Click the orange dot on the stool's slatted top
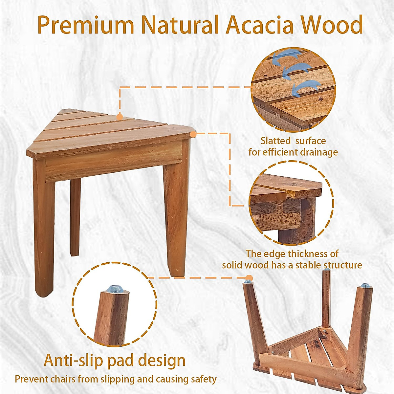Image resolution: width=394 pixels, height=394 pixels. click(120, 116)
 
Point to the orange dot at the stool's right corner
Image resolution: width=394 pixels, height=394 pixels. click(193, 134)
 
